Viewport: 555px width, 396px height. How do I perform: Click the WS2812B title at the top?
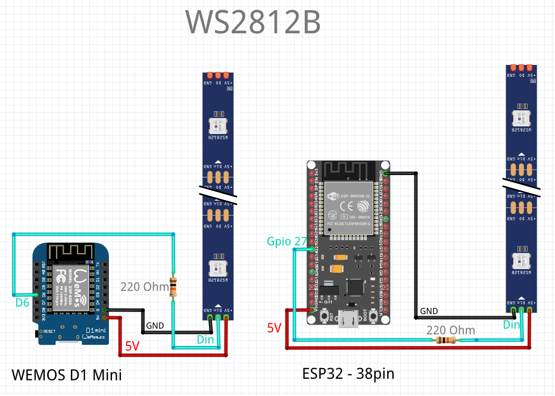pyautogui.click(x=253, y=23)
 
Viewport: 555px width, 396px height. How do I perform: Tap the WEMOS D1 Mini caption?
pyautogui.click(x=67, y=375)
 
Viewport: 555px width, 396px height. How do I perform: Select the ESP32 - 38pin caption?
pyautogui.click(x=348, y=373)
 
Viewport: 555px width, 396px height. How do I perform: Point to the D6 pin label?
pyautogui.click(x=22, y=303)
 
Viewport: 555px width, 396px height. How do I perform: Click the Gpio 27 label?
pyautogui.click(x=286, y=241)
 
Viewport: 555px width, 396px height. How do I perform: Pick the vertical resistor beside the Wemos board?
pyautogui.click(x=173, y=286)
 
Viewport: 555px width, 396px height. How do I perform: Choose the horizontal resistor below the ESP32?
pyautogui.click(x=446, y=341)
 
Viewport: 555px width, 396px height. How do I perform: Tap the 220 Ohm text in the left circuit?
pyautogui.click(x=145, y=286)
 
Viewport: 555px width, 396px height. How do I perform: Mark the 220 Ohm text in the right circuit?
pyautogui.click(x=451, y=330)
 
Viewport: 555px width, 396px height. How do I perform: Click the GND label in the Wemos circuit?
pyautogui.click(x=155, y=326)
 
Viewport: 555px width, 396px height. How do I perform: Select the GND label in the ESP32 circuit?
pyautogui.click(x=429, y=311)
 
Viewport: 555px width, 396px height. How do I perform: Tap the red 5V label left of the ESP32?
pyautogui.click(x=274, y=328)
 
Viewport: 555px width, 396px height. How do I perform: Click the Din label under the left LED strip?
pyautogui.click(x=205, y=340)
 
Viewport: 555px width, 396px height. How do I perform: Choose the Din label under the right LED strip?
pyautogui.click(x=512, y=325)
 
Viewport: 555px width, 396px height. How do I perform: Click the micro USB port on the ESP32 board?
pyautogui.click(x=348, y=320)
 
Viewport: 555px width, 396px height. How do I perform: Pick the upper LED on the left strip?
pyautogui.click(x=218, y=124)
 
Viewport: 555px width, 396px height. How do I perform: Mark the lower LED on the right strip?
pyautogui.click(x=522, y=261)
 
